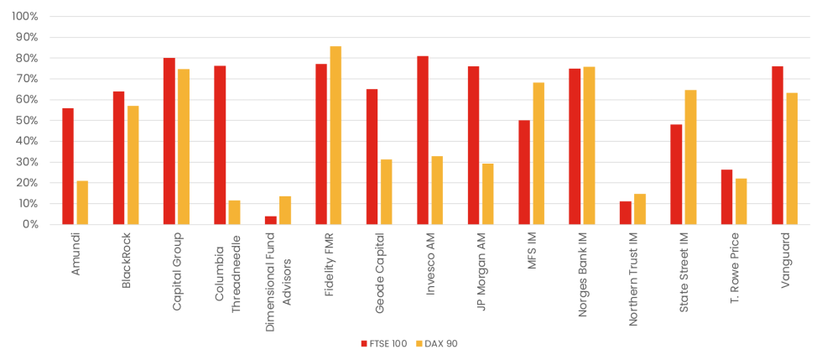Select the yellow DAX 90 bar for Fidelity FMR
[336, 135]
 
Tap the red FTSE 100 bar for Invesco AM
[423, 140]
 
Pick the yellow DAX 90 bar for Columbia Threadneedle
[234, 212]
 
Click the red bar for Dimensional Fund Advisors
[271, 220]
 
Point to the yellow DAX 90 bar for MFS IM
[538, 154]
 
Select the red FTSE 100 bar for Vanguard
[778, 145]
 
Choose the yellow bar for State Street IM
[690, 157]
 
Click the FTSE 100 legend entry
[383, 343]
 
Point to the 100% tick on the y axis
[25, 17]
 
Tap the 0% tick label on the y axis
[30, 225]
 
